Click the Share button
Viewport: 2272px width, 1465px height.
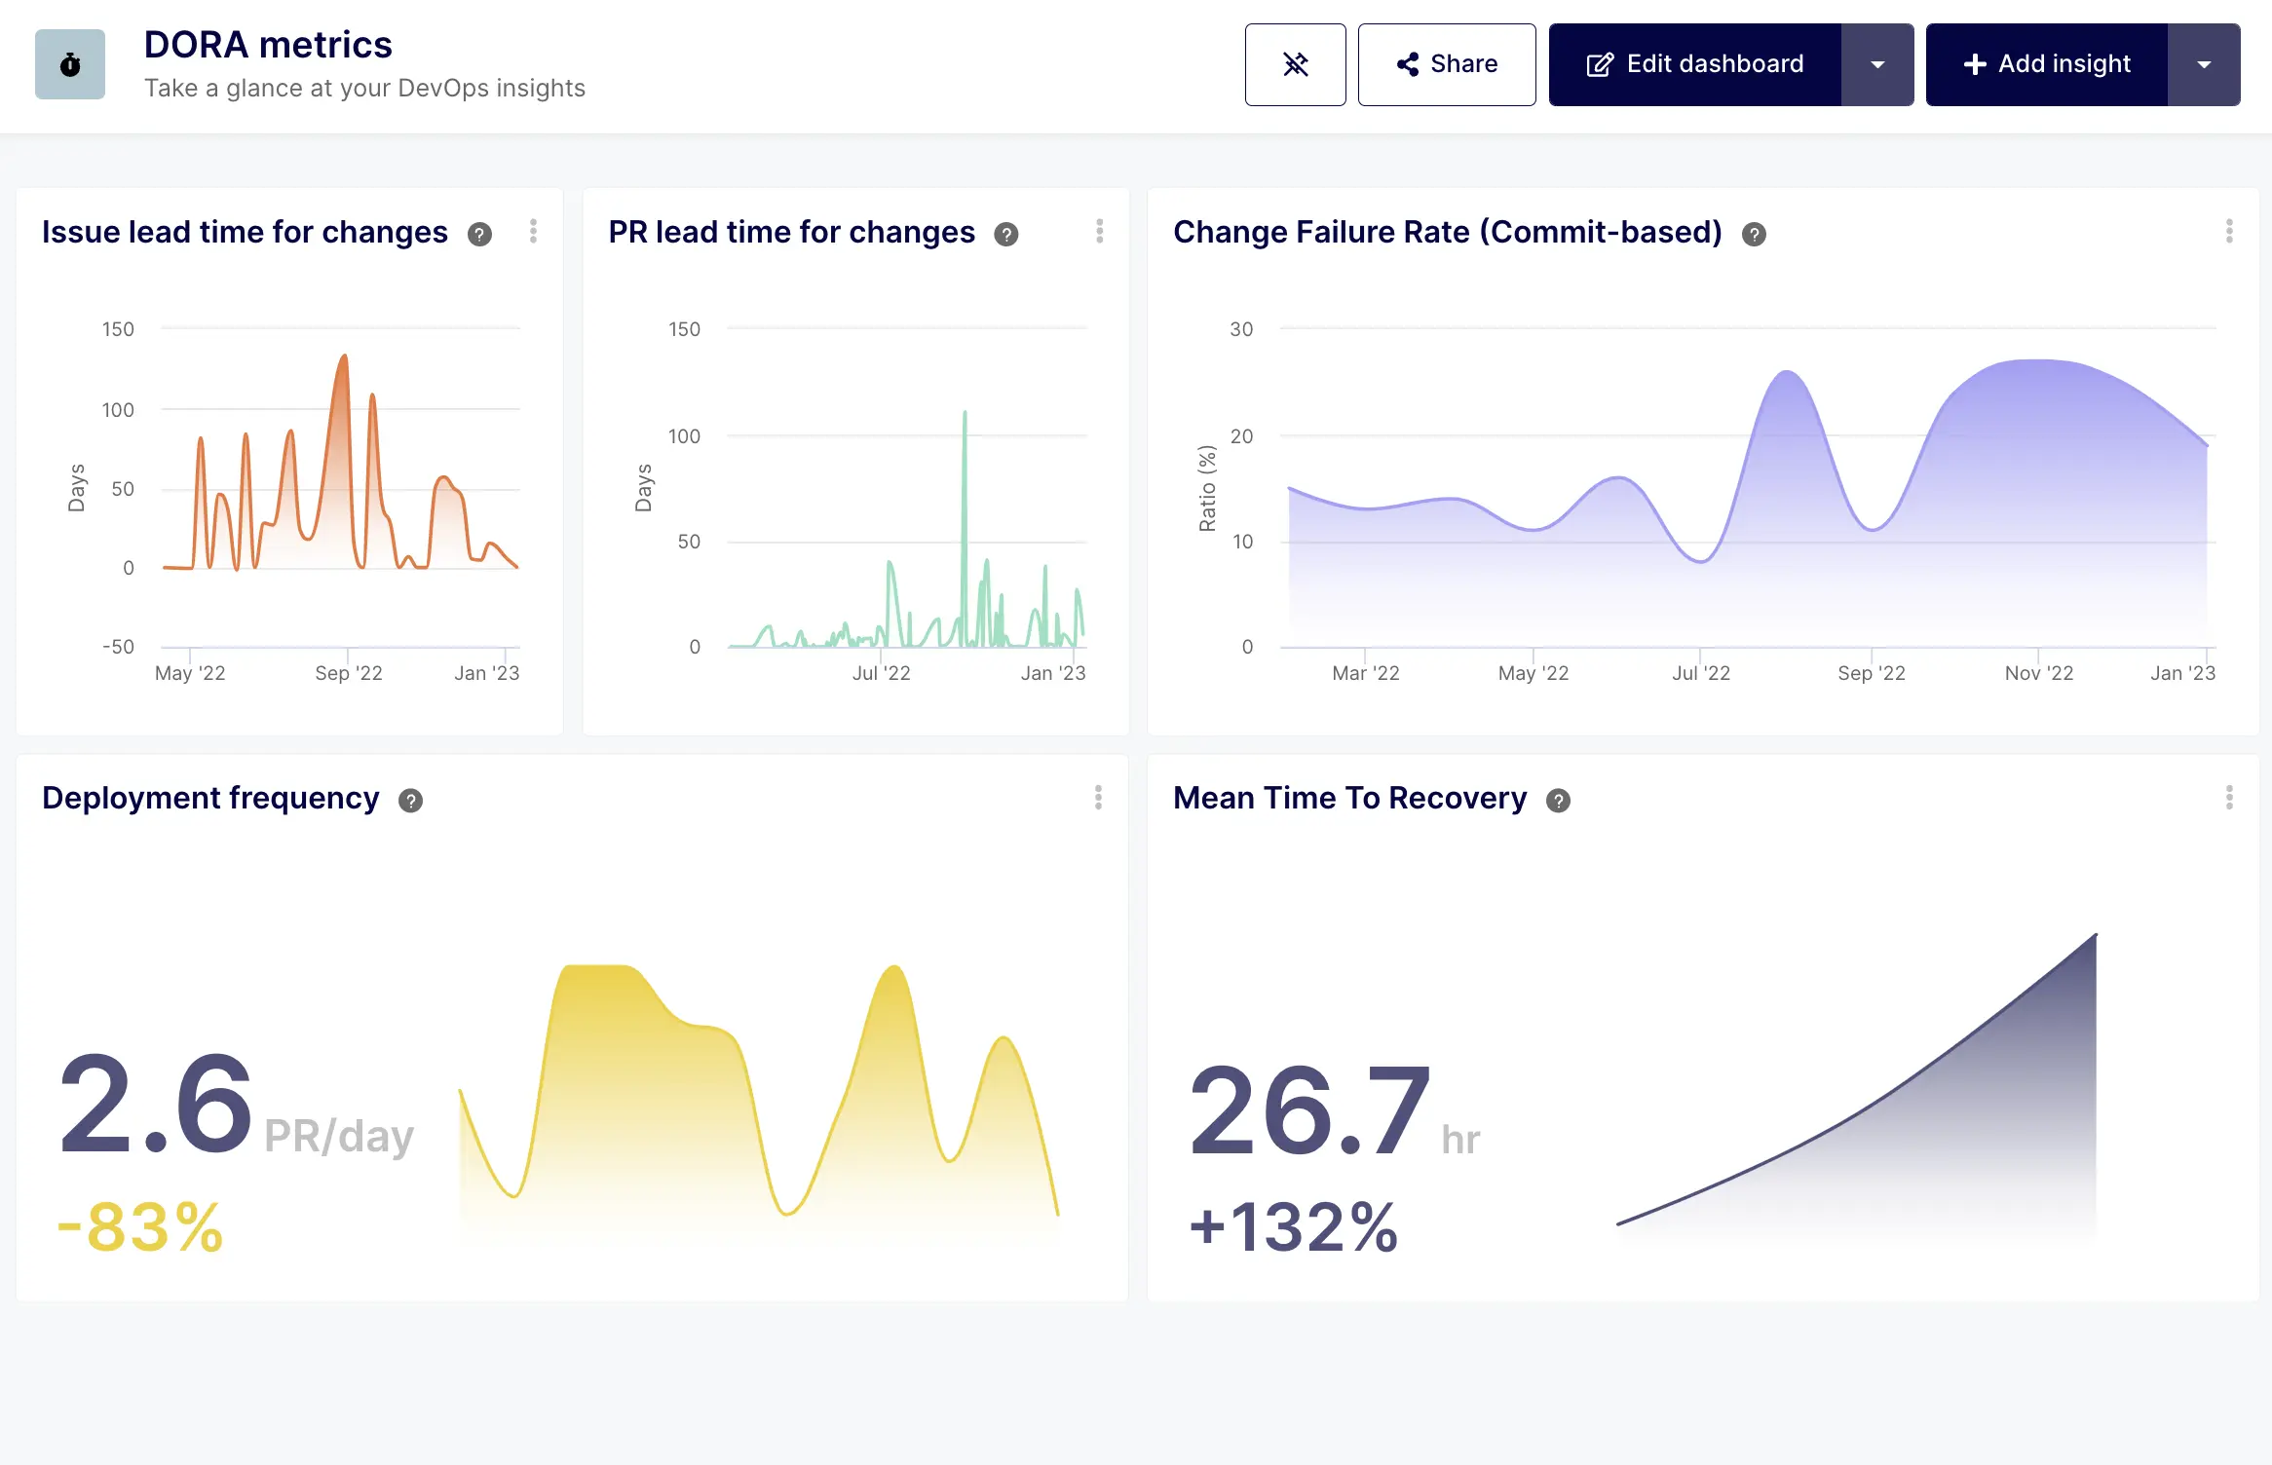coord(1447,64)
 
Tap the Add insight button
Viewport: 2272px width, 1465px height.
coord(2047,64)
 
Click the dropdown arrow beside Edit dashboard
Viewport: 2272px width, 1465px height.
coord(1877,64)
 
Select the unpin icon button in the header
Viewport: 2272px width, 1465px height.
coord(1295,64)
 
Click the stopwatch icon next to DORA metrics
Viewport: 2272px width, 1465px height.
coord(70,64)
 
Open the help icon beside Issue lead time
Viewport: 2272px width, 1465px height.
coord(479,234)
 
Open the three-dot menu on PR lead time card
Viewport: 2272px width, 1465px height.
coord(1099,232)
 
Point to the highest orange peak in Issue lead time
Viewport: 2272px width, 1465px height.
coord(344,358)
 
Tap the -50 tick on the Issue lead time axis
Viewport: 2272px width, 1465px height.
coord(118,647)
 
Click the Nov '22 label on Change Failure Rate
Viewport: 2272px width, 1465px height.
coord(2038,673)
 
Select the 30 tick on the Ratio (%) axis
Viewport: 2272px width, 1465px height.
coord(1241,329)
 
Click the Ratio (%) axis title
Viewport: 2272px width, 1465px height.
coord(1207,488)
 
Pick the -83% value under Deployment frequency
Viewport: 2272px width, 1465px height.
coord(141,1226)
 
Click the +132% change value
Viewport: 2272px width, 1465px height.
coord(1294,1226)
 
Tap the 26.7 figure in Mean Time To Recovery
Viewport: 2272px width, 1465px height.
coord(1308,1110)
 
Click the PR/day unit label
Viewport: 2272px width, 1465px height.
coord(339,1136)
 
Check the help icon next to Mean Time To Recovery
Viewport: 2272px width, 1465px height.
coord(1559,801)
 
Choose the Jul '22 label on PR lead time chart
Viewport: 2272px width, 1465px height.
coord(881,673)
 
